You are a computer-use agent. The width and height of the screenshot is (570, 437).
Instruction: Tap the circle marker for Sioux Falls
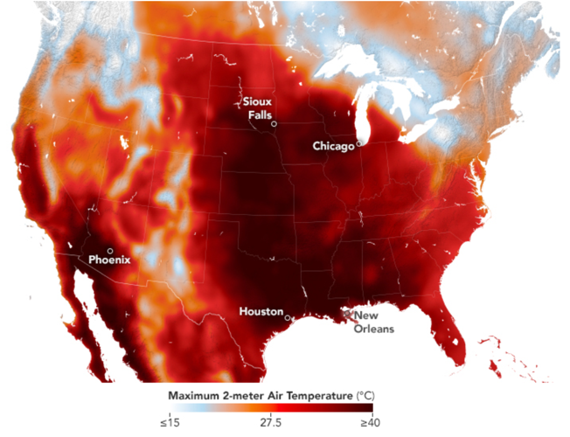[x=275, y=124]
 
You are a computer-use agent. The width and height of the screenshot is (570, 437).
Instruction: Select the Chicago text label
[x=333, y=146]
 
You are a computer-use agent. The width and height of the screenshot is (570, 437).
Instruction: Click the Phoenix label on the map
[x=108, y=260]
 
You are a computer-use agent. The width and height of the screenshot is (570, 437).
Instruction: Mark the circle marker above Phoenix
[x=109, y=251]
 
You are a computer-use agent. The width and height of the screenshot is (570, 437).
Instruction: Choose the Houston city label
[x=261, y=311]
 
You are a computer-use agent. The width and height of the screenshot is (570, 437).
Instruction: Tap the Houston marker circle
[x=288, y=318]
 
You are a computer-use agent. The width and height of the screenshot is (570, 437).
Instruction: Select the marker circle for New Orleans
[x=349, y=311]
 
